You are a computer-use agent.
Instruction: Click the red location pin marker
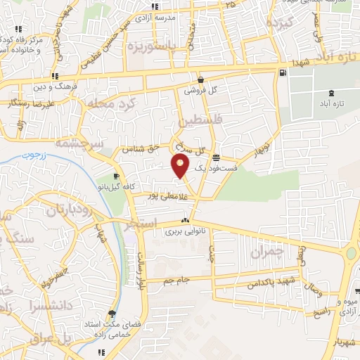coord(181,165)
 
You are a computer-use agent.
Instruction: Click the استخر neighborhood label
coord(141,226)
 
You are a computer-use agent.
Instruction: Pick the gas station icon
coord(282,72)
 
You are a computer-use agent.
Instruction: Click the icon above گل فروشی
coord(201,79)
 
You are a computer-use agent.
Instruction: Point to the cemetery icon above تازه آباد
coord(332,93)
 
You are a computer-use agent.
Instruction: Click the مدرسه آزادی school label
coord(174,15)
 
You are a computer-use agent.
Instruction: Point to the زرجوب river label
coord(32,153)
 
